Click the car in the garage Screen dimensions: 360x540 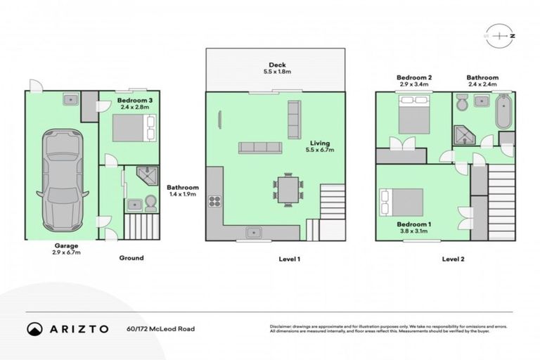coord(63,180)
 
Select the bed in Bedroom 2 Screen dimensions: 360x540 coord(415,115)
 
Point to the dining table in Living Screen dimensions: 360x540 coord(288,189)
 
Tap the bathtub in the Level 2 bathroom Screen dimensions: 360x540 coord(503,112)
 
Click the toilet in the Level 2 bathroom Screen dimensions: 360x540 coord(461,105)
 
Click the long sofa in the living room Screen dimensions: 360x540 coord(259,148)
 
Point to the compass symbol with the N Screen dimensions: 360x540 coord(499,34)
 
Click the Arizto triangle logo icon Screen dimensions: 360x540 coord(34,328)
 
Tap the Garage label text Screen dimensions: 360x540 coord(61,245)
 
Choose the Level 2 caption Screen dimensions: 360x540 coord(454,259)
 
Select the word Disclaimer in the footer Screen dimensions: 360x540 coord(281,326)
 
